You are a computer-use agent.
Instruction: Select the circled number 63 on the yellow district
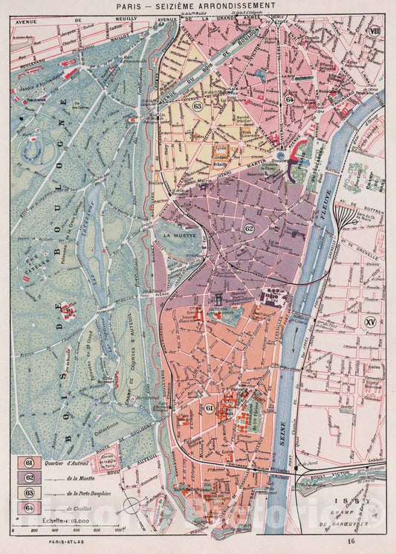click(198, 106)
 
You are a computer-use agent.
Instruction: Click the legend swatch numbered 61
click(30, 463)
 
